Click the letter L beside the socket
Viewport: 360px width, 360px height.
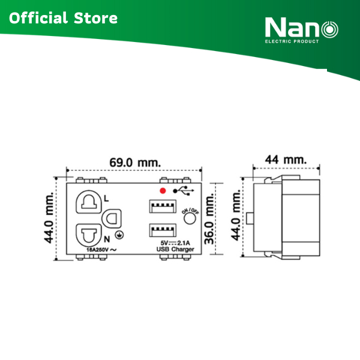106,197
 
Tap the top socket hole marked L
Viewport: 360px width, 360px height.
88,203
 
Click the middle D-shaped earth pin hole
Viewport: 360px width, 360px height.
112,218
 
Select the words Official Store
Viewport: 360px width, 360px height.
63,18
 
